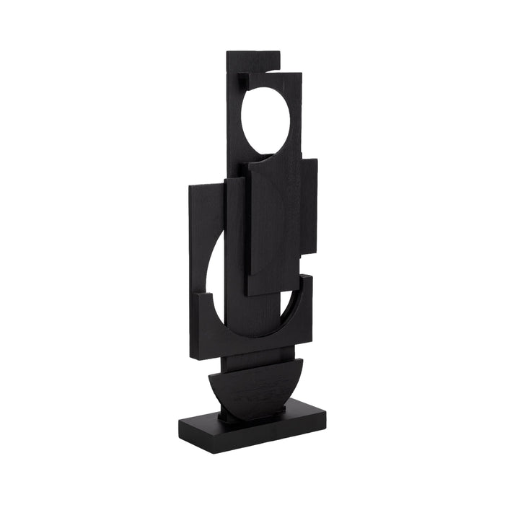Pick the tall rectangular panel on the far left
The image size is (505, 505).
(206, 216)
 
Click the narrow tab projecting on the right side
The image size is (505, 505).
(309, 206)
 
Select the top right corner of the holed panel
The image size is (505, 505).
(299, 76)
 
